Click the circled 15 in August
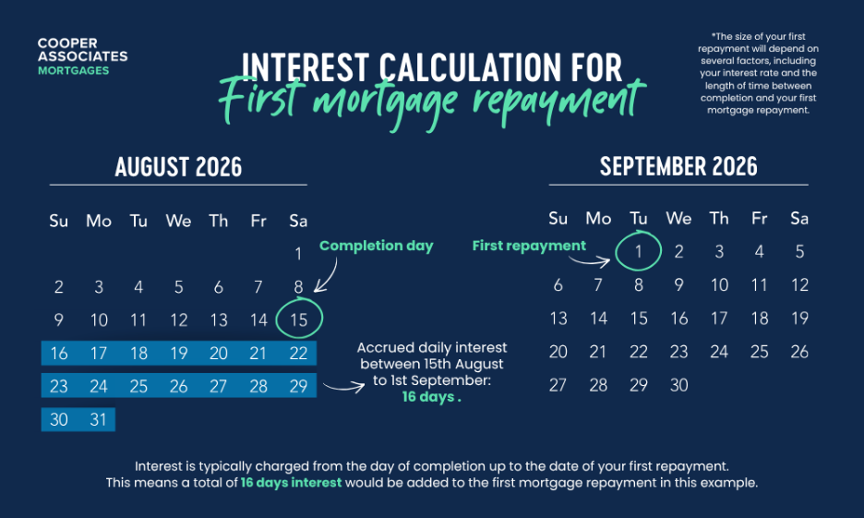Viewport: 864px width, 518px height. pos(299,319)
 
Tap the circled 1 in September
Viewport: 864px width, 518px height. pos(638,251)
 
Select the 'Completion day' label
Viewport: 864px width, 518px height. pos(377,246)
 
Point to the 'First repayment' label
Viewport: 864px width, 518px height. pos(529,246)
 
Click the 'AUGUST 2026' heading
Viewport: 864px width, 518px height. pos(178,167)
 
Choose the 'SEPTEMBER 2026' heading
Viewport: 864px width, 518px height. pos(678,166)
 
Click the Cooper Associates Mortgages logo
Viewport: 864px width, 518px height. pos(83,56)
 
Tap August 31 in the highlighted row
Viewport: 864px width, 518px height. pos(98,419)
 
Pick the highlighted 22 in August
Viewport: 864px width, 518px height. pos(298,353)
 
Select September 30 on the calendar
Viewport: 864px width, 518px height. pos(678,385)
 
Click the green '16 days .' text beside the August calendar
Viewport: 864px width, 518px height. pos(431,397)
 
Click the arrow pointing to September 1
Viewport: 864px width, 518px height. pos(591,261)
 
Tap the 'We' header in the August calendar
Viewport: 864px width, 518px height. pos(178,221)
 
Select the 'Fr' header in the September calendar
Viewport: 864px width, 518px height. pos(759,219)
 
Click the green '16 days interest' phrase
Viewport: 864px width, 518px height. pos(291,483)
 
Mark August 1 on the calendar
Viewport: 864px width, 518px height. pos(298,254)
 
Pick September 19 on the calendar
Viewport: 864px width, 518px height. pos(799,318)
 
